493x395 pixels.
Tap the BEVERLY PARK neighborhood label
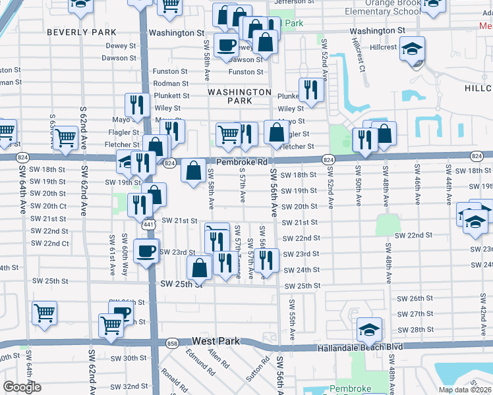82,32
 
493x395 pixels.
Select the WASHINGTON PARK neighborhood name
239,96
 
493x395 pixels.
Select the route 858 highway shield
173,344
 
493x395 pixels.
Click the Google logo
22,387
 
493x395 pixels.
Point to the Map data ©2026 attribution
465,390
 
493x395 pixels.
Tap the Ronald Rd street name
175,381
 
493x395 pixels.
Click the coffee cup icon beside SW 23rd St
146,250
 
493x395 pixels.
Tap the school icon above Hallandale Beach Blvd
370,328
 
